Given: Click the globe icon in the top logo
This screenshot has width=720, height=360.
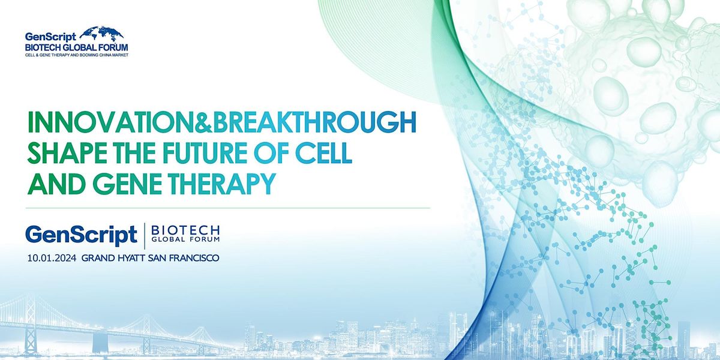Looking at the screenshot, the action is pos(101,34).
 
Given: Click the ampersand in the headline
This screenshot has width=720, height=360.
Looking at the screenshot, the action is pos(204,122).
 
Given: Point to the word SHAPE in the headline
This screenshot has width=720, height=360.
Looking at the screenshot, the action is pos(67,153).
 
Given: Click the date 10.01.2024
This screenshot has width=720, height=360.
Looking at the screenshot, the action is pos(52,258).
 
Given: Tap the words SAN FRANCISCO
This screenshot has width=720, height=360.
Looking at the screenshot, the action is pos(184,258).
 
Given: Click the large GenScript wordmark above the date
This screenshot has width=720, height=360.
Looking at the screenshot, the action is pos(82,235).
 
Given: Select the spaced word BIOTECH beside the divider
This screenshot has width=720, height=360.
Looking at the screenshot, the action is pos(185,230).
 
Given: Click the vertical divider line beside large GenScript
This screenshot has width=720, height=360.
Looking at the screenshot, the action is pos(145,236).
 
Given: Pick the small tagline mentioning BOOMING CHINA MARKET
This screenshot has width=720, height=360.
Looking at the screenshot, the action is pos(77,55).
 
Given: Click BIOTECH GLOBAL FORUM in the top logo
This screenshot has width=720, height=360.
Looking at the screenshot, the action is pos(77,47).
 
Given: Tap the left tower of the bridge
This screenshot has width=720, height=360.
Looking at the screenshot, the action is pos(31,325).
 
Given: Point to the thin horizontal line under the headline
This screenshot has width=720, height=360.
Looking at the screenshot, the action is pos(228,208).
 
